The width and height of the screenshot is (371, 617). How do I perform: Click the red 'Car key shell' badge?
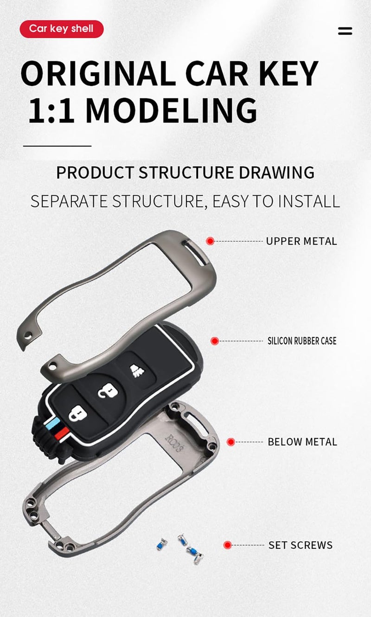(61, 29)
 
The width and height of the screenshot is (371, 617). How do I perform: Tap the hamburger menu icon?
(345, 31)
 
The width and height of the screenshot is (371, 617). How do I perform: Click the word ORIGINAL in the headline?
(99, 73)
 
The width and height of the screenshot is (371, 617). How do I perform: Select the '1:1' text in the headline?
(51, 110)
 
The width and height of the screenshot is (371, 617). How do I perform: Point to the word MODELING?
(171, 110)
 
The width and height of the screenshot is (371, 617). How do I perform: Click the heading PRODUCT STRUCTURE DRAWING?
(185, 173)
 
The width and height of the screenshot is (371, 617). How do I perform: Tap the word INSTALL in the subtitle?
(309, 201)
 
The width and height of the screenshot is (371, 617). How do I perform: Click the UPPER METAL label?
(301, 241)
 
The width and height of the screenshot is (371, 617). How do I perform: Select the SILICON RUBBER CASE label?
(302, 341)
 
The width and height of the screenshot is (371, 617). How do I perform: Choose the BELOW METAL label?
(302, 442)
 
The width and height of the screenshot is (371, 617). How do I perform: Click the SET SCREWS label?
(301, 545)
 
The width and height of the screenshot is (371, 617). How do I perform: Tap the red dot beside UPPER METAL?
(210, 241)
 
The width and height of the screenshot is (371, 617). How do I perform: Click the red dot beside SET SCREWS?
(228, 545)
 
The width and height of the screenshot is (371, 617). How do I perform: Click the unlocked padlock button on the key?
(108, 391)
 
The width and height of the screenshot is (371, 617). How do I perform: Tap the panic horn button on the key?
(137, 371)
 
